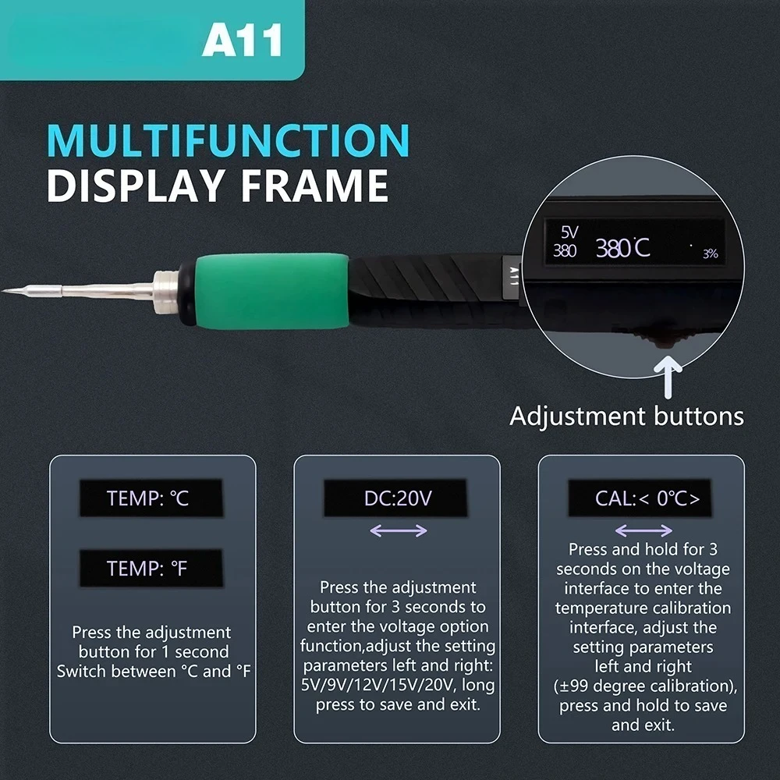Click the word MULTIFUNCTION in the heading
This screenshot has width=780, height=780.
[x=228, y=140]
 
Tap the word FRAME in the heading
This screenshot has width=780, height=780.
[x=313, y=187]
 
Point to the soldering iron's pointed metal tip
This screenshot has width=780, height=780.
[x=9, y=291]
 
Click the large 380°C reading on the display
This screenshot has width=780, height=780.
[x=622, y=249]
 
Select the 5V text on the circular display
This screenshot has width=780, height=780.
[x=569, y=232]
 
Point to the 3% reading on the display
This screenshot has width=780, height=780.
[x=710, y=253]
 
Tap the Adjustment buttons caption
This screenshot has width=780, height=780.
[x=626, y=416]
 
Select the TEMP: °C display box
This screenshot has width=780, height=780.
[x=150, y=498]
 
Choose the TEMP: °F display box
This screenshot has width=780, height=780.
[x=150, y=569]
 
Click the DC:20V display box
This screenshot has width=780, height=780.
[x=396, y=498]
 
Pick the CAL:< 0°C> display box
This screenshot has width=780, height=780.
[x=640, y=498]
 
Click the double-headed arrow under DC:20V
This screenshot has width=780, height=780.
[x=398, y=530]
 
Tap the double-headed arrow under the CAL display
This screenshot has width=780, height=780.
[x=643, y=530]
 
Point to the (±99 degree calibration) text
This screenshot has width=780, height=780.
[x=643, y=686]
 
